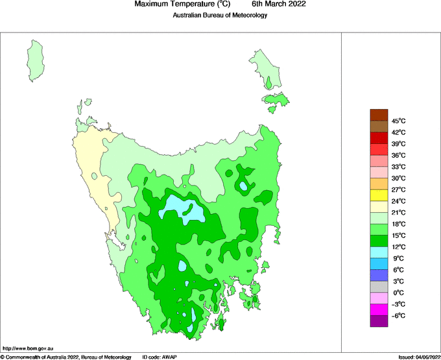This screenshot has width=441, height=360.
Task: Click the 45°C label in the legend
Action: tap(398, 121)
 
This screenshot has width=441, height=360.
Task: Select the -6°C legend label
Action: tap(398, 316)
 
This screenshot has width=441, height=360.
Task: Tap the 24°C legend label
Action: tap(398, 201)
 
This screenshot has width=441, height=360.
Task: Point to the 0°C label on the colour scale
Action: tap(398, 293)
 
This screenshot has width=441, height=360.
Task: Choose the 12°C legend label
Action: tap(398, 247)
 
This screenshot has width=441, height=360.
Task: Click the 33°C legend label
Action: tap(398, 167)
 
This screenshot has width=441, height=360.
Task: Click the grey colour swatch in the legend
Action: tap(379, 287)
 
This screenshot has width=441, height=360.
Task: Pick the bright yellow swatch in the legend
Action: tap(379, 195)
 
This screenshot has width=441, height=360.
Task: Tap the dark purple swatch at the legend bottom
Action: tap(379, 321)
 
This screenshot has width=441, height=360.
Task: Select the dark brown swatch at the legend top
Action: tap(379, 115)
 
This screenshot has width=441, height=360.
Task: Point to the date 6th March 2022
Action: tap(279, 4)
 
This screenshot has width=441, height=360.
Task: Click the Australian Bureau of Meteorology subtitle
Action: tap(220, 15)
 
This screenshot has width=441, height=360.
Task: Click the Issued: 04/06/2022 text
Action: tap(419, 357)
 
